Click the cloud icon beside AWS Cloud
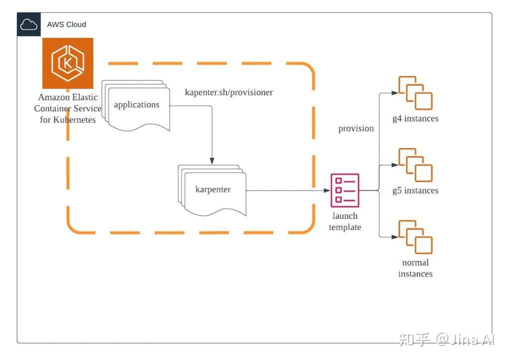tap(28, 24)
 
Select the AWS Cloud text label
tap(66, 24)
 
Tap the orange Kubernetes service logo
tap(68, 63)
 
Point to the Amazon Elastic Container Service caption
tap(68, 108)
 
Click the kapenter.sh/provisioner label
tap(229, 93)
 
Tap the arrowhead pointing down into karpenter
tap(212, 161)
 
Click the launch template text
tap(345, 221)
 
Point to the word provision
tap(356, 129)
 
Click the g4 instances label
tap(415, 119)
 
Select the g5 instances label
tap(415, 190)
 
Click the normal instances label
tap(415, 268)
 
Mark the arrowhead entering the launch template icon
tap(327, 190)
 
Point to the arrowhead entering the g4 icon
tap(396, 93)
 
